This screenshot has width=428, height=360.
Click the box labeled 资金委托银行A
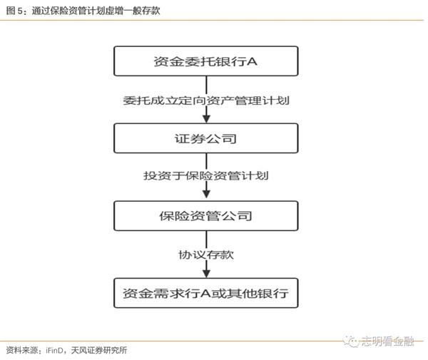206,61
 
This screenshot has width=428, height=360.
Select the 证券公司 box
206,138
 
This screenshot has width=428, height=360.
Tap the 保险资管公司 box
206,216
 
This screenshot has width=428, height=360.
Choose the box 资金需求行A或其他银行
206,293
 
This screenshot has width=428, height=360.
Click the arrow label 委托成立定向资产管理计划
206,101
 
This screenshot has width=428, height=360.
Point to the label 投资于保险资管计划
206,175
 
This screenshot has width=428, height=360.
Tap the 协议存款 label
206,254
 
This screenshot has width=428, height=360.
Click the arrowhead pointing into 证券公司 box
206,119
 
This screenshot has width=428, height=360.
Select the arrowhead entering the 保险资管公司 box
206,194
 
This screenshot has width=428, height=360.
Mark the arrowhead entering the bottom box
206,274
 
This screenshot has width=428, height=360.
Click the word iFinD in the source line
55,350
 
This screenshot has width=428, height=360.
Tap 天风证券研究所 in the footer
99,350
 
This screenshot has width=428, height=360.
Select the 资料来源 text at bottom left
22,350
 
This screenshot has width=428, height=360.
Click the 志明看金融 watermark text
387,341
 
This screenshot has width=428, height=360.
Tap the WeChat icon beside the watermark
351,341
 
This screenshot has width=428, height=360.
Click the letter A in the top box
252,61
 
